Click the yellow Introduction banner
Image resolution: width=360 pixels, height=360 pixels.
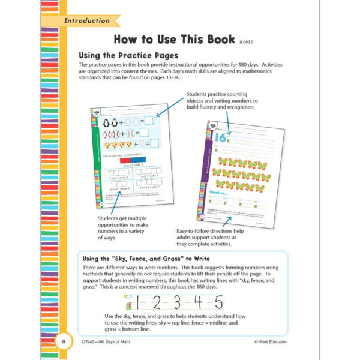[x=87, y=21]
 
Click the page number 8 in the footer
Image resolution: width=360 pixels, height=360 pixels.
[x=64, y=341]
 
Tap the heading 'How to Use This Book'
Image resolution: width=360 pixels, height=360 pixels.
[x=173, y=40]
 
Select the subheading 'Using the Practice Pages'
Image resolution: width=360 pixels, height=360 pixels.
[x=127, y=55]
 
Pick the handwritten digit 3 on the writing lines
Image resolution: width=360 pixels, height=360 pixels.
[x=178, y=301]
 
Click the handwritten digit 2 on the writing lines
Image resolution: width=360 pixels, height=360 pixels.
[x=158, y=301]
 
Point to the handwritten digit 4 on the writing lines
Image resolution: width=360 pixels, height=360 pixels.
[x=199, y=301]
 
